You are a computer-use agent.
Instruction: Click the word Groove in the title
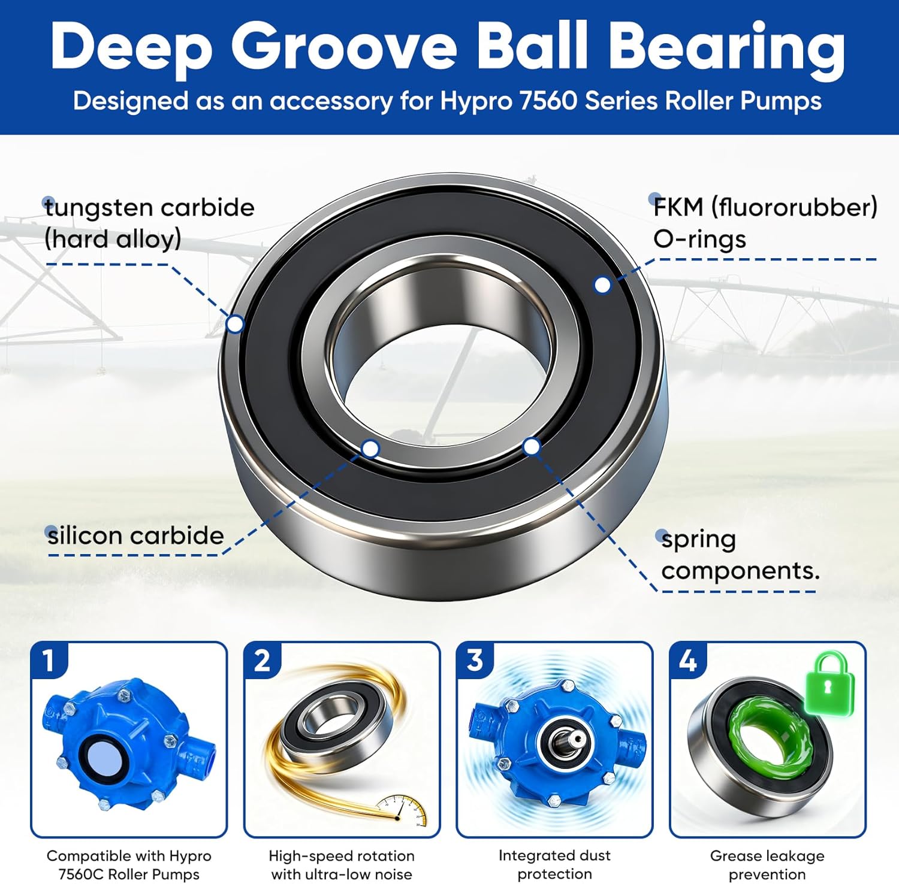344,48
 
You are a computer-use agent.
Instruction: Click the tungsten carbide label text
149,223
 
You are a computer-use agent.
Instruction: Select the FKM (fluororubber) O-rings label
765,223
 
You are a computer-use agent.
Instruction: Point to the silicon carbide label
135,535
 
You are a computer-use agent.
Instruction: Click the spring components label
740,555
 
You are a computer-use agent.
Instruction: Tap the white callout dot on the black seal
602,285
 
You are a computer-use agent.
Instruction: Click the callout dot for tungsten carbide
236,324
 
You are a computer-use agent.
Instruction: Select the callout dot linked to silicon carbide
371,449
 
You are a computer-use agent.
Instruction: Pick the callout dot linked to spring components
532,446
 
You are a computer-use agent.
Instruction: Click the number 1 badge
49,661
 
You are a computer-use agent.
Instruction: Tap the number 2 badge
262,661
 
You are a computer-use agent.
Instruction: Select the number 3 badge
475,661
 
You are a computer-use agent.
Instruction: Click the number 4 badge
687,661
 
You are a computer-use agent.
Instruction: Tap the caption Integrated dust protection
554,865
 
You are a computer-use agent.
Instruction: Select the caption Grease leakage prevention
767,865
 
